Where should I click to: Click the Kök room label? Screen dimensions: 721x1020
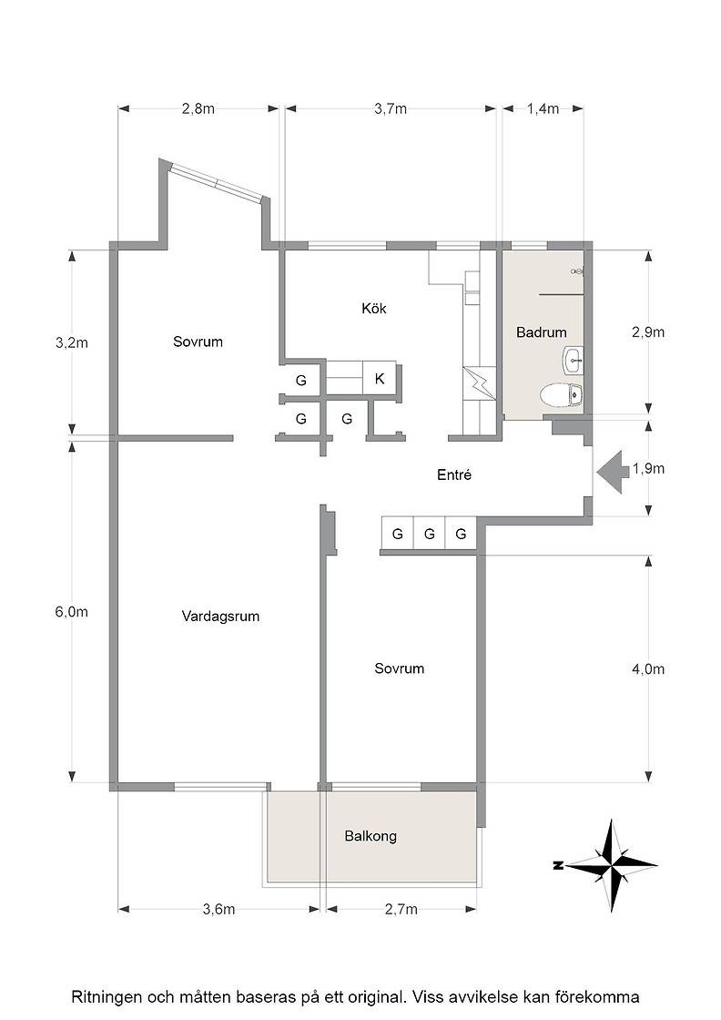click(374, 308)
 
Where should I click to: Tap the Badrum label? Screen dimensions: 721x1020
click(541, 332)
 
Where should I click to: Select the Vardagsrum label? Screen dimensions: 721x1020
click(220, 616)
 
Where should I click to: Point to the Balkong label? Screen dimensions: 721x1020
click(371, 837)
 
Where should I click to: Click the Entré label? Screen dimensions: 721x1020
click(453, 474)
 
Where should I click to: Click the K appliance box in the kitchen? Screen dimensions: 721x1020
click(380, 378)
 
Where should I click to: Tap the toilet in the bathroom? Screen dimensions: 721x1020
click(562, 394)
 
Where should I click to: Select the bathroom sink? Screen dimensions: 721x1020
click(573, 361)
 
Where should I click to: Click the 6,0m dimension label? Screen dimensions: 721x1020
click(72, 612)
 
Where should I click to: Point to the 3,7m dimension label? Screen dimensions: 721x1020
click(390, 108)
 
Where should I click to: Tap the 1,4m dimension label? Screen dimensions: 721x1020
click(543, 108)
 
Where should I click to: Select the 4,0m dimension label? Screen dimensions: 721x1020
click(648, 669)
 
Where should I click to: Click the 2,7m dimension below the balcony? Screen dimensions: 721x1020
click(401, 910)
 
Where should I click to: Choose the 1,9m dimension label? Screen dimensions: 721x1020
click(648, 468)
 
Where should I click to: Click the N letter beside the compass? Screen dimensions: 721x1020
click(557, 865)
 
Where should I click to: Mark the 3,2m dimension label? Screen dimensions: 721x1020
click(72, 342)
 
